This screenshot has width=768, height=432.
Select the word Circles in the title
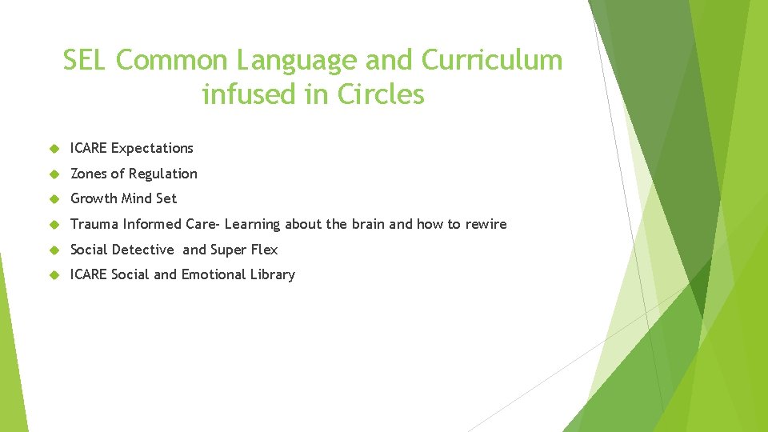pos(380,94)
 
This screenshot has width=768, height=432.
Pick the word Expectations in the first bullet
pos(152,148)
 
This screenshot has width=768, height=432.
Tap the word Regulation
pos(163,174)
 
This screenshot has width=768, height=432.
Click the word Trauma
pos(94,224)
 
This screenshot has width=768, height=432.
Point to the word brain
pos(367,224)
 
